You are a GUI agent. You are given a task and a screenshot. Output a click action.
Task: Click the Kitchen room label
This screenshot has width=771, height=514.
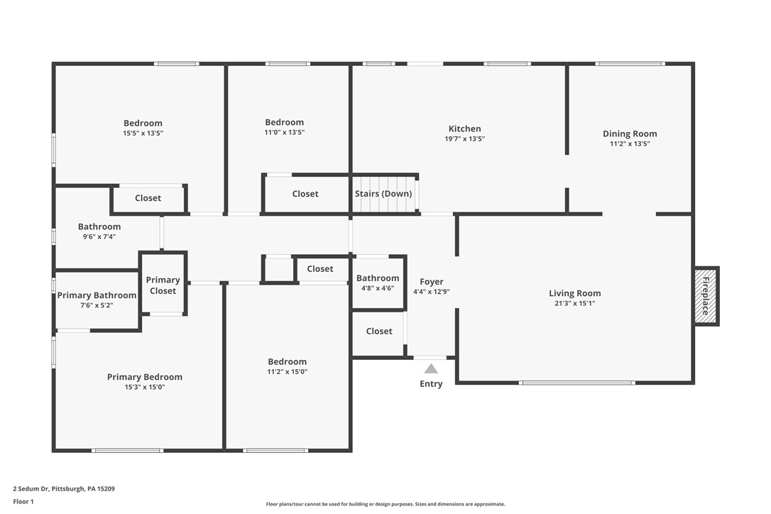point(465,129)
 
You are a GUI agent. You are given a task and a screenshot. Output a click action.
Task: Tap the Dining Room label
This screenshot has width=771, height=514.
point(630,133)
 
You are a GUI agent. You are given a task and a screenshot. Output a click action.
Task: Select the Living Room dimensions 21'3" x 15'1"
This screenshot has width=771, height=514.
point(575,303)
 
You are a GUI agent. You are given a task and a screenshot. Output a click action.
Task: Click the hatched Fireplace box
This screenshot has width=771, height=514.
point(706,296)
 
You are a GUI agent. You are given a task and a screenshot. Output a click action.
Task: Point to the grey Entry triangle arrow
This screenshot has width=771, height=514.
point(431,369)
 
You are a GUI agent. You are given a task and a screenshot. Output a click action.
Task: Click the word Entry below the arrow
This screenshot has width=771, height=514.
point(431,384)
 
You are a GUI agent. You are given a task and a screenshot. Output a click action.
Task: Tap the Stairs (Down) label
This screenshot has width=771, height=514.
point(383,194)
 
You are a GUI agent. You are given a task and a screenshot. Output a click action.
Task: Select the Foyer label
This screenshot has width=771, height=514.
point(432,282)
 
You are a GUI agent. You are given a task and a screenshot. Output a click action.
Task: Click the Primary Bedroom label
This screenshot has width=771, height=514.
point(145,377)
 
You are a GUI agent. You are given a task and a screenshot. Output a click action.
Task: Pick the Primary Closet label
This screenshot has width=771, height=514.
point(163,285)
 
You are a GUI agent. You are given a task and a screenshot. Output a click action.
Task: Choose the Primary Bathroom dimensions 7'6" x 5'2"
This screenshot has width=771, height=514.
point(97,305)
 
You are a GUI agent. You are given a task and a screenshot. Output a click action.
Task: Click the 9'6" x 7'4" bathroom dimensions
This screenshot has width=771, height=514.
point(99,236)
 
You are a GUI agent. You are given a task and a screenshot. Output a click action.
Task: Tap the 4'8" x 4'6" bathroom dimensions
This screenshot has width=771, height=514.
point(378,288)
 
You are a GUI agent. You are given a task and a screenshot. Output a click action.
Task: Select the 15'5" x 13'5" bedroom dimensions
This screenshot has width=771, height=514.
point(143,133)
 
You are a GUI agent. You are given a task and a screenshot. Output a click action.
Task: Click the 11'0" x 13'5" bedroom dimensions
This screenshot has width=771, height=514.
point(285,132)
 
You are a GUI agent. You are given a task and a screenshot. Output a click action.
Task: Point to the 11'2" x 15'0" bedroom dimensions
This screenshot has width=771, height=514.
point(287,372)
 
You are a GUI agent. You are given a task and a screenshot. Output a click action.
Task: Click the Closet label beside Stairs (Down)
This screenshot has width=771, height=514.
point(305,194)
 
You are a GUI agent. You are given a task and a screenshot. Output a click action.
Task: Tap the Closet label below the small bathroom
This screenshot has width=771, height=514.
point(379,332)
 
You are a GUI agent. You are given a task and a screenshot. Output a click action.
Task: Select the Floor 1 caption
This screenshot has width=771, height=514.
point(23,502)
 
